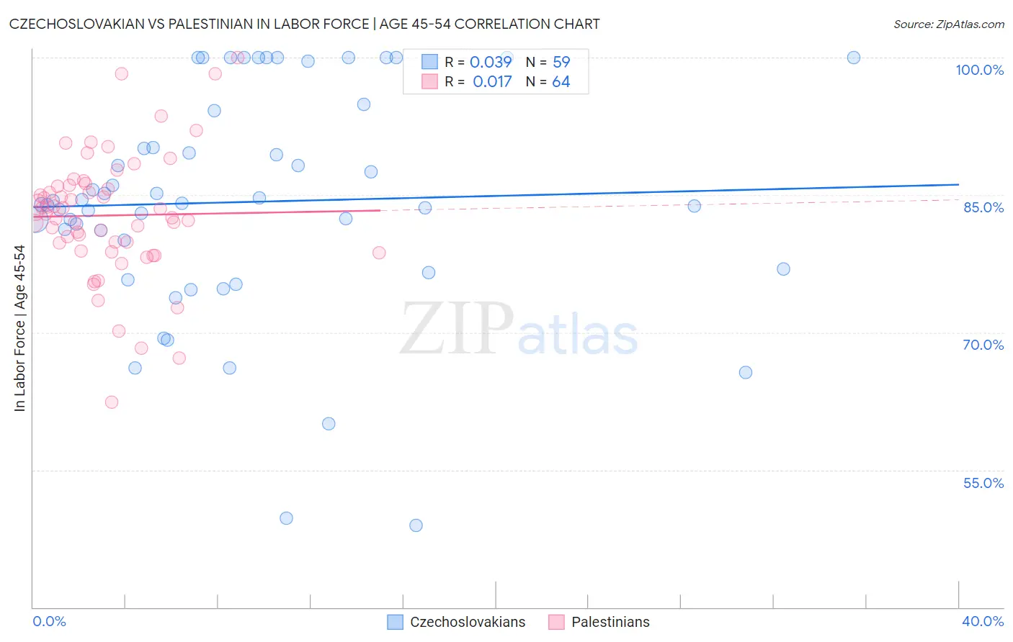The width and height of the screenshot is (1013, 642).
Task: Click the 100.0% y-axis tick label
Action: click(x=979, y=70)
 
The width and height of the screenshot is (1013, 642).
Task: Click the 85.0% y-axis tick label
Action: click(x=983, y=207)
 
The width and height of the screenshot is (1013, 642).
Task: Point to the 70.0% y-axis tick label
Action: click(x=983, y=345)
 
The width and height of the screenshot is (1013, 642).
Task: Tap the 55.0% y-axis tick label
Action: click(x=983, y=483)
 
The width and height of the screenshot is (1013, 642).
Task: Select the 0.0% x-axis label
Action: click(x=49, y=621)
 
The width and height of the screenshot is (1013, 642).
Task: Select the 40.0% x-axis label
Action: click(x=983, y=621)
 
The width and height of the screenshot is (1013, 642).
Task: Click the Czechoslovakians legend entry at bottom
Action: click(x=468, y=622)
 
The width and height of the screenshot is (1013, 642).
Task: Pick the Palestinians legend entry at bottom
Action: click(x=610, y=622)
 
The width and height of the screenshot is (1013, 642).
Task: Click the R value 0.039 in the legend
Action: click(x=491, y=62)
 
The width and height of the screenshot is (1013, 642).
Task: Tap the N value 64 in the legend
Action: click(x=561, y=82)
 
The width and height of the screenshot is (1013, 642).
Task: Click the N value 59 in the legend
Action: click(x=561, y=62)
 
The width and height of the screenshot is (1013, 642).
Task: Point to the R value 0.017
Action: click(x=492, y=82)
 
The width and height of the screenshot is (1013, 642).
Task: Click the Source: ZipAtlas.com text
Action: click(x=948, y=24)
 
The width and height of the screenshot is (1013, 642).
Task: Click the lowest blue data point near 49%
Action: click(x=416, y=525)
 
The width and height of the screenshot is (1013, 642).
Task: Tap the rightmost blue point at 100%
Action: click(x=854, y=58)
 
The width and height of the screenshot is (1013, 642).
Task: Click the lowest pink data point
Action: click(x=112, y=402)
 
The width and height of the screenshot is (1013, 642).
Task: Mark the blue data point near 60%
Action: click(x=329, y=424)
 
